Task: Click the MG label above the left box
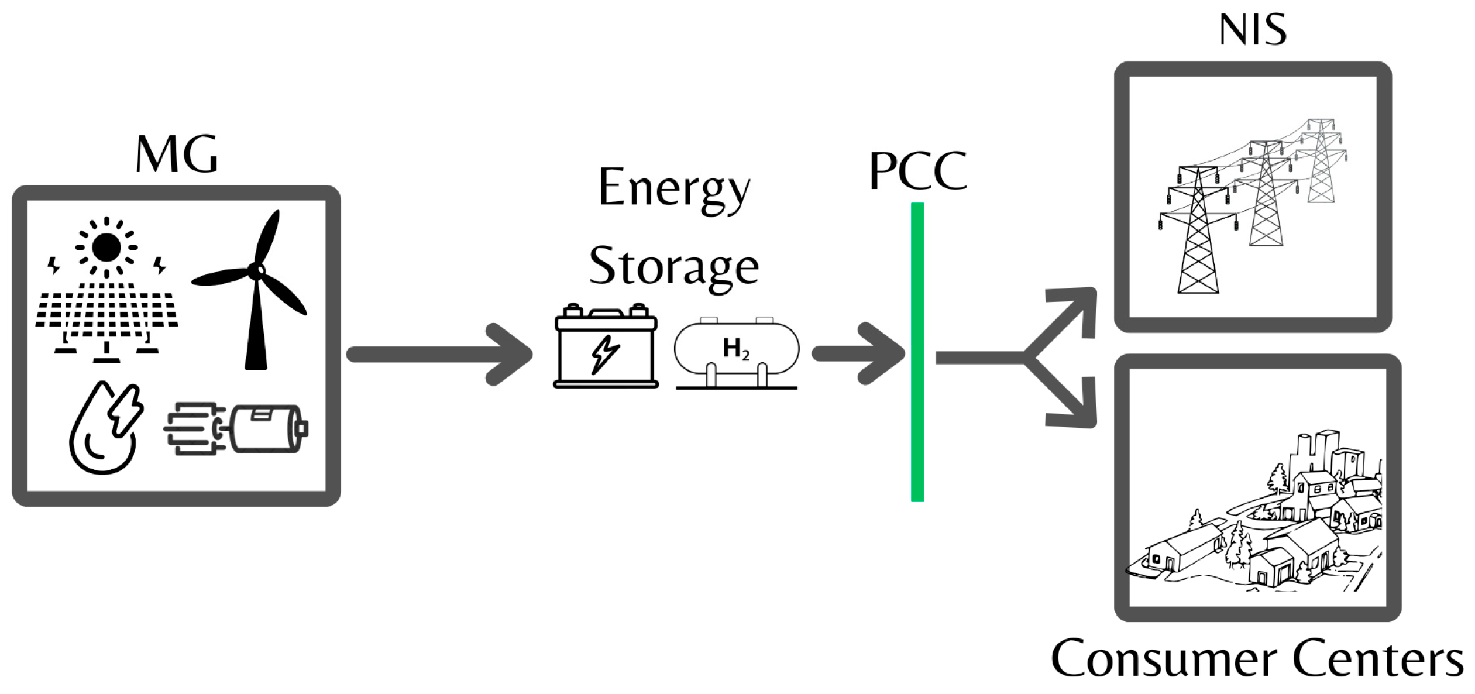[x=176, y=154]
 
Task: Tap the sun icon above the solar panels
[x=106, y=247]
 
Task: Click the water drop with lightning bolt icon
[x=105, y=427]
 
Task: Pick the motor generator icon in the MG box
[x=237, y=429]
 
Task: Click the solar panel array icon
[x=106, y=316]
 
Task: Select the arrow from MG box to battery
[x=439, y=354]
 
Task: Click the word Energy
[x=674, y=188]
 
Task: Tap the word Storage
[x=673, y=266]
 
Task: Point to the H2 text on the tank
[x=735, y=349]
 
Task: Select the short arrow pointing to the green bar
[x=857, y=353]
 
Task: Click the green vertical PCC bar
[x=917, y=351]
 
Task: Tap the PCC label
[x=917, y=171]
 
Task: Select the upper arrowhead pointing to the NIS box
[x=1074, y=310]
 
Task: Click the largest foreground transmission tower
[x=1198, y=234]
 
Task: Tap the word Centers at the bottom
[x=1377, y=658]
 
